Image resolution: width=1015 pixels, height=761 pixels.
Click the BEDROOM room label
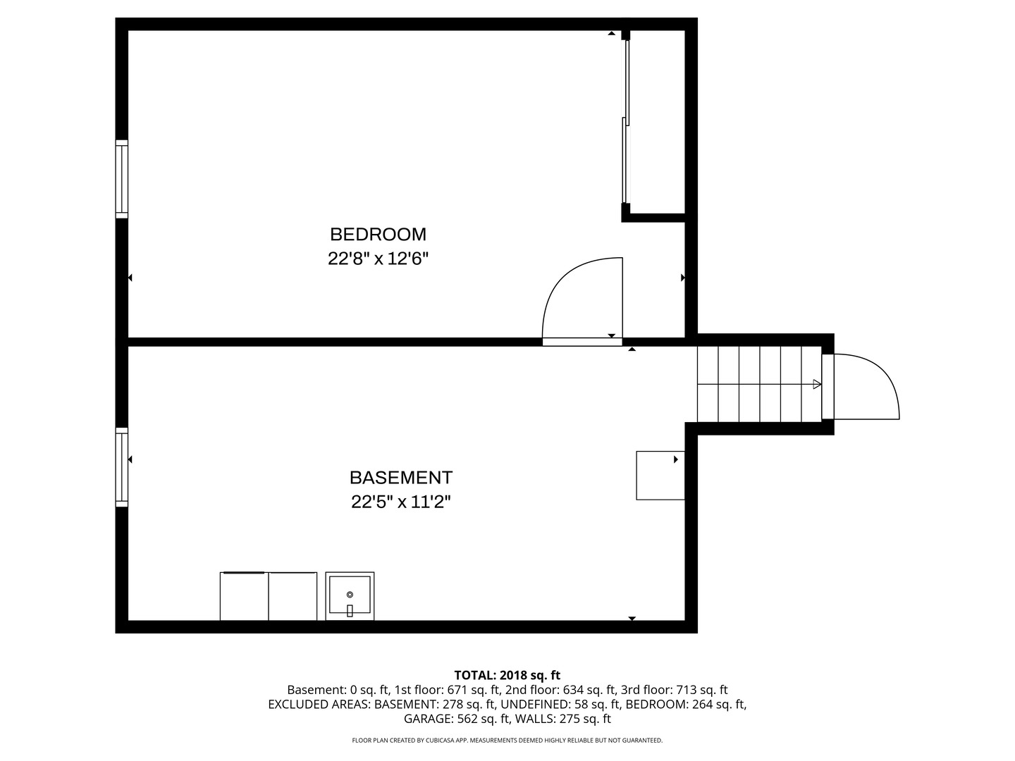378,234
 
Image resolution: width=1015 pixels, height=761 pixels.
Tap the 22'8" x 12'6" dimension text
378,259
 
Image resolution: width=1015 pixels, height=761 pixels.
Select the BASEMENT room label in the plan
400,477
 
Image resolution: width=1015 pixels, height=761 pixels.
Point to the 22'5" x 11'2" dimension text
400,502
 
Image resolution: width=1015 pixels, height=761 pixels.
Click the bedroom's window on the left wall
122,179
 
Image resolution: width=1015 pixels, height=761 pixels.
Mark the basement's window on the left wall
122,466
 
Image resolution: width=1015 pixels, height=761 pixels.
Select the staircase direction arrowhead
817,384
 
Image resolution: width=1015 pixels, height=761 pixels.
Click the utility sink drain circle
350,594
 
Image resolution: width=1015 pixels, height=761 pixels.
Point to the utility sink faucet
350,610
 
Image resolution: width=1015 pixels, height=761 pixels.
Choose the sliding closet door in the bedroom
625,122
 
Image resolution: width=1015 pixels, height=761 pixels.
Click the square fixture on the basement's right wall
660,476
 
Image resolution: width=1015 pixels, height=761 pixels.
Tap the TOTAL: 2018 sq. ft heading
508,675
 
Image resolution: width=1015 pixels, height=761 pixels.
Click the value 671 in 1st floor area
457,690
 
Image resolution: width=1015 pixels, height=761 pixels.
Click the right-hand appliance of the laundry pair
293,597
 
